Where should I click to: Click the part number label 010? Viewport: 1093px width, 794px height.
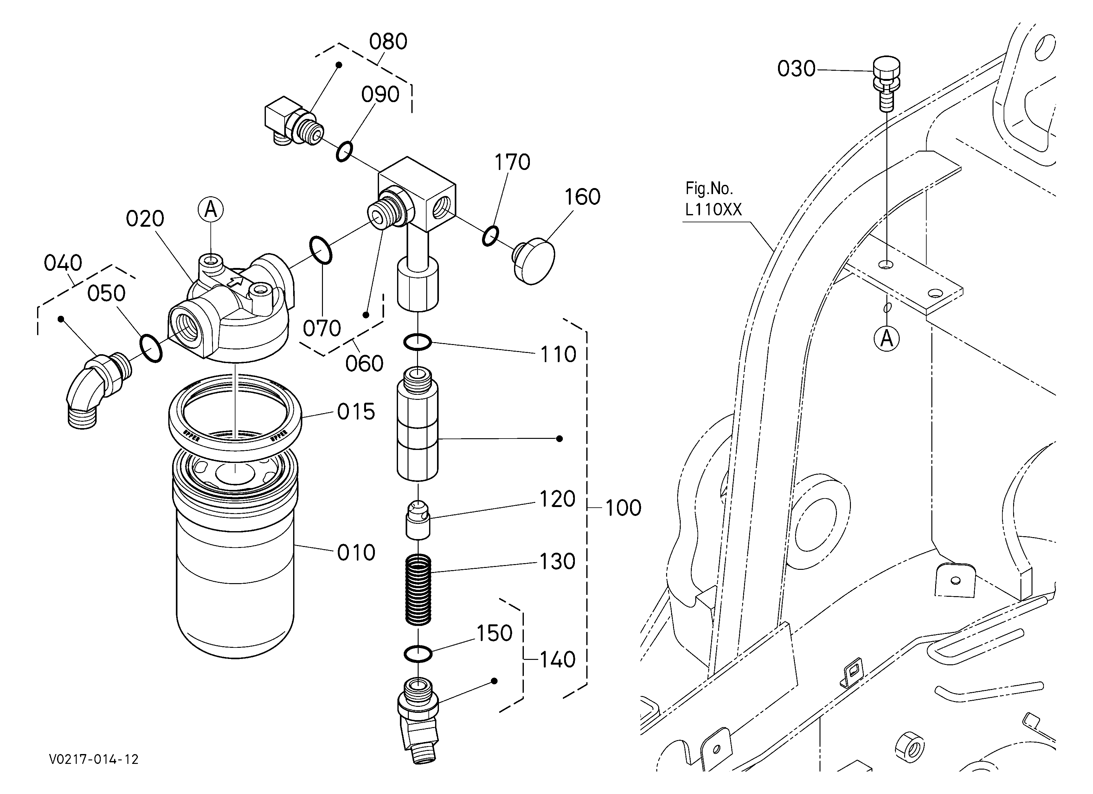click(x=356, y=553)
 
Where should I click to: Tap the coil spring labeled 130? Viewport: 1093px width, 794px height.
click(x=418, y=589)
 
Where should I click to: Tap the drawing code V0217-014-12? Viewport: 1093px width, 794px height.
click(x=94, y=760)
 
